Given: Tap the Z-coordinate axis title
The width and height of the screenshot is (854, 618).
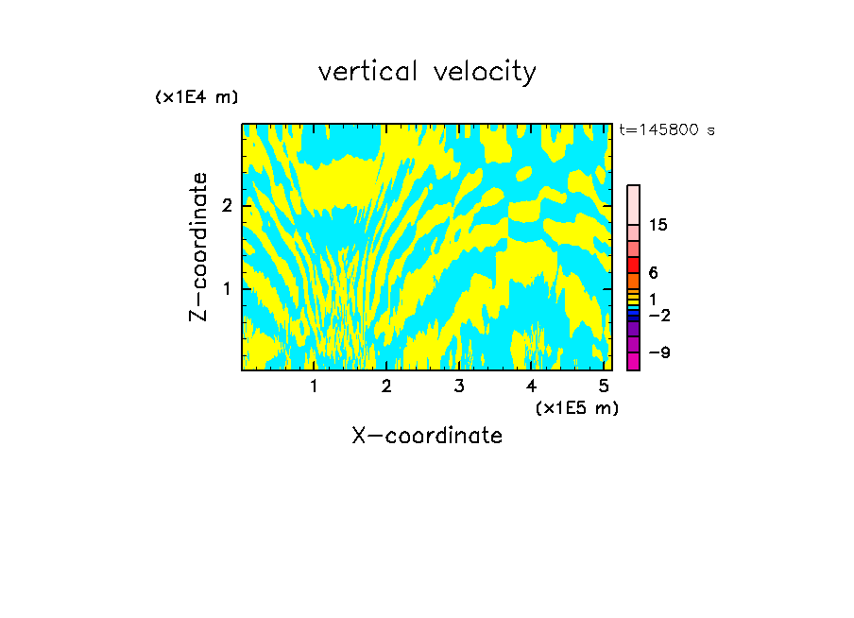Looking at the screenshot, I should (x=198, y=247).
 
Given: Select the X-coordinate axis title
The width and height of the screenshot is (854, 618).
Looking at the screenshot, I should (x=427, y=436).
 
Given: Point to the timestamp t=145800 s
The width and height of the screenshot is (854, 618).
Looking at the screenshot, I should (x=667, y=129).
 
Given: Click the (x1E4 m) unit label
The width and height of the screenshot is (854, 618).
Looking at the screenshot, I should (x=196, y=97).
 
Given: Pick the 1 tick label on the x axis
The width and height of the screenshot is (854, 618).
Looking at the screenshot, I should (x=315, y=386).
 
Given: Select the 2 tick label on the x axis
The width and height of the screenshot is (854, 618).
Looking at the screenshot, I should (x=386, y=386).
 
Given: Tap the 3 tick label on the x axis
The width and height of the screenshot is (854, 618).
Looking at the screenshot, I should (x=458, y=386).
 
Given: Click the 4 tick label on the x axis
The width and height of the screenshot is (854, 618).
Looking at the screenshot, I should (x=531, y=386).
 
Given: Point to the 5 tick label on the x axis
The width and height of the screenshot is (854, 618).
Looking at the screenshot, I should (x=603, y=386).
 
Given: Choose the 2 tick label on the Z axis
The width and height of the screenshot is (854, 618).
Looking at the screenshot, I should (x=227, y=206).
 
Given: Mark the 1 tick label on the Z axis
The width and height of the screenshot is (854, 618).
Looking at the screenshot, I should (x=227, y=287).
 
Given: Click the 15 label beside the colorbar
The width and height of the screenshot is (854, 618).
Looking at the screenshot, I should (x=658, y=225).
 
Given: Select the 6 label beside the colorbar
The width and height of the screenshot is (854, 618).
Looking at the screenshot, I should (x=653, y=273).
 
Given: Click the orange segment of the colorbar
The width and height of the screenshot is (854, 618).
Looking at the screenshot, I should (x=633, y=281).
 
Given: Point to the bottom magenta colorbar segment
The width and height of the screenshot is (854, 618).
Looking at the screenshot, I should (x=633, y=361).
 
